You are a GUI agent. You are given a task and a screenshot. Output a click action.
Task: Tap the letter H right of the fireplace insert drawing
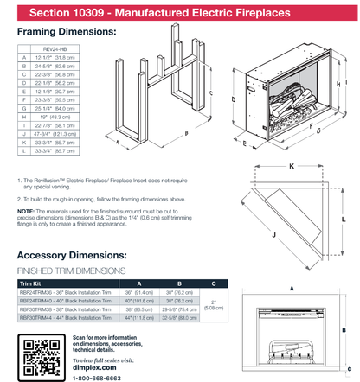344,85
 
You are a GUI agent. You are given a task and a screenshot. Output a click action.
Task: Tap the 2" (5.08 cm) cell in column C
214,305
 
